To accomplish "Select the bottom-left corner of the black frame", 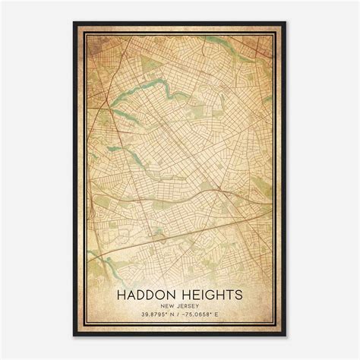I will pyautogui.click(x=74, y=336).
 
